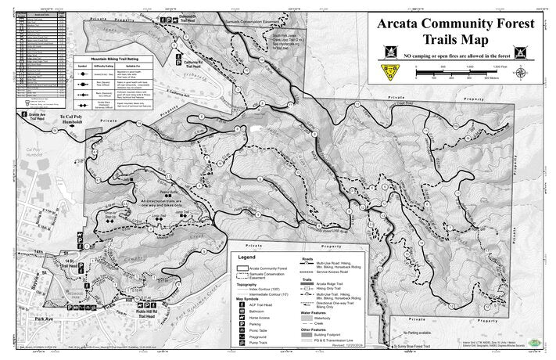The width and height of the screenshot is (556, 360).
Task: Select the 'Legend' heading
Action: (246, 257)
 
